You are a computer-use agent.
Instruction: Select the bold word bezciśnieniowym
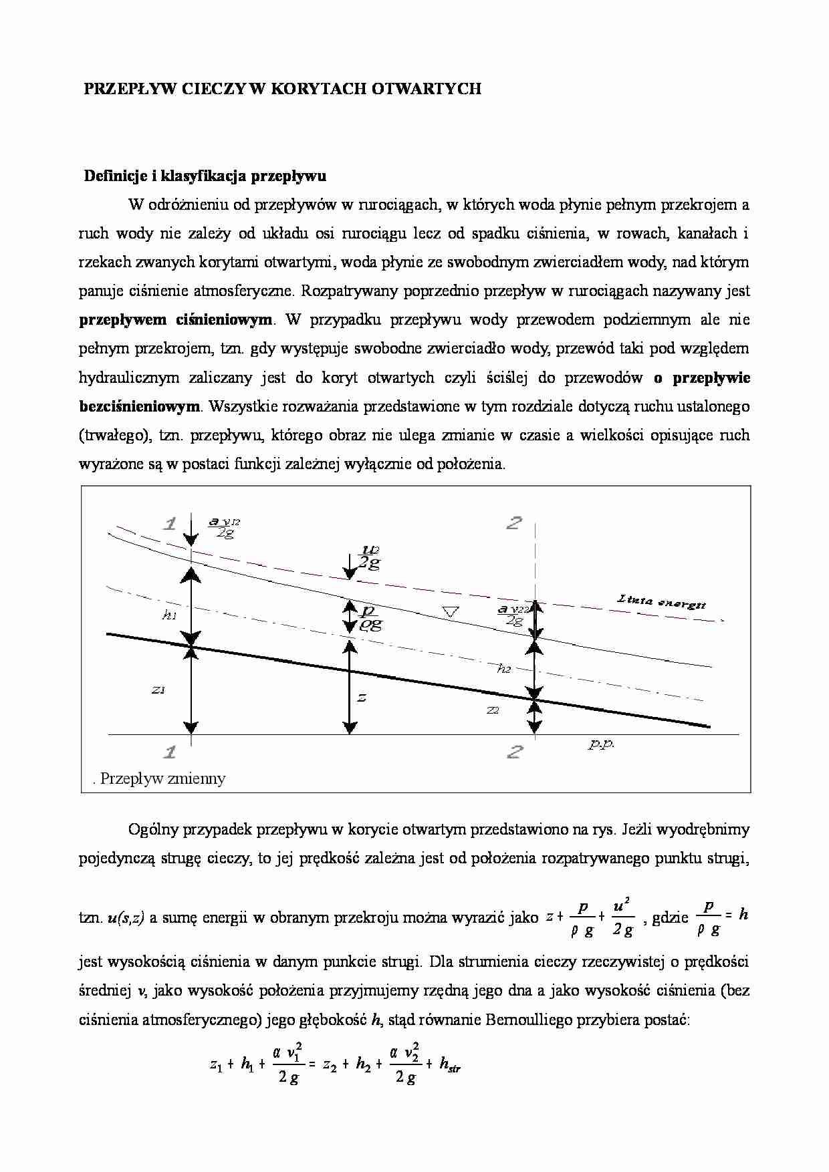[x=139, y=406]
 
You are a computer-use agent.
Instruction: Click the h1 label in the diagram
[x=169, y=615]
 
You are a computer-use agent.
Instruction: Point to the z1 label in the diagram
[x=158, y=690]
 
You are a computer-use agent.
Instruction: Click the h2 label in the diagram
[x=504, y=668]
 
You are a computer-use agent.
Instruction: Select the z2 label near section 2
[x=493, y=710]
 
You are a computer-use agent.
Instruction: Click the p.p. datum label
[x=601, y=744]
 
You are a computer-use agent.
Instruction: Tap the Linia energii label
[x=661, y=602]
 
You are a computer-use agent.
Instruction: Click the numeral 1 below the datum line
[x=170, y=752]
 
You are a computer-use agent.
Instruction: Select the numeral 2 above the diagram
[x=513, y=523]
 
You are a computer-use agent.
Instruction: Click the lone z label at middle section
[x=362, y=698]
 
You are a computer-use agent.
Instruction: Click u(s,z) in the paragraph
[x=126, y=918]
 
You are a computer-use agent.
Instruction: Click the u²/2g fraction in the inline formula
[x=622, y=917]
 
